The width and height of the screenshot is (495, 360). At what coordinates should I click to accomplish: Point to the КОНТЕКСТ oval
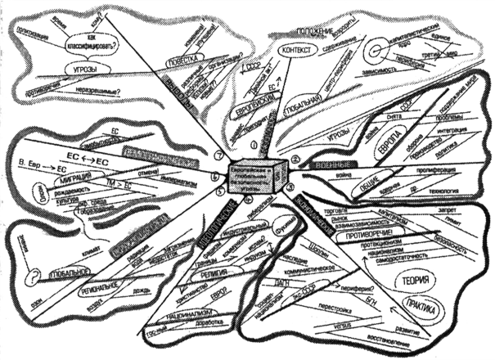click(295, 51)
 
